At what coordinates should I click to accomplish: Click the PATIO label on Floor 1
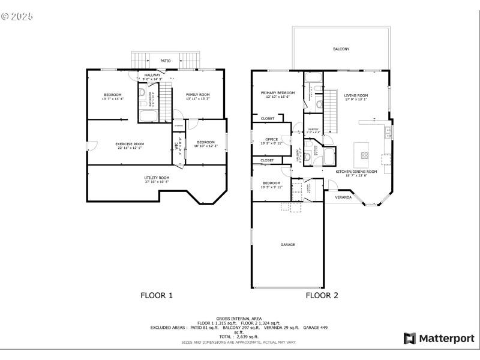pyautogui.click(x=165, y=61)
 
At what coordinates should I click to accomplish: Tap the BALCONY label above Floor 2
pyautogui.click(x=341, y=49)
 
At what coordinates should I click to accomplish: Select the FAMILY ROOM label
pyautogui.click(x=197, y=95)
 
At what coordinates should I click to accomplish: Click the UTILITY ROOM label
pyautogui.click(x=157, y=178)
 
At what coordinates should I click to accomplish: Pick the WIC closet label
pyautogui.click(x=176, y=146)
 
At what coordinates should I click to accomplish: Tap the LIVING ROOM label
pyautogui.click(x=356, y=95)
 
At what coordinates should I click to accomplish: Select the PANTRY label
pyautogui.click(x=314, y=129)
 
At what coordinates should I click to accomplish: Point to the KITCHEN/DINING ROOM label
pyautogui.click(x=356, y=172)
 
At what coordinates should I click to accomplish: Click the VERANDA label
pyautogui.click(x=343, y=197)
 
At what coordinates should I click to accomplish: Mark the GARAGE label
pyautogui.click(x=288, y=244)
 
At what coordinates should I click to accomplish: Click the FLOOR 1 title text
pyautogui.click(x=157, y=295)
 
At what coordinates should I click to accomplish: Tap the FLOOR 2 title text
pyautogui.click(x=322, y=295)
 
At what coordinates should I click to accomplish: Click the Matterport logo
pyautogui.click(x=439, y=338)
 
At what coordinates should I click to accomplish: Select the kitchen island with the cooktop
pyautogui.click(x=364, y=154)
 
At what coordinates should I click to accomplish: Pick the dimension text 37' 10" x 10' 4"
pyautogui.click(x=157, y=182)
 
